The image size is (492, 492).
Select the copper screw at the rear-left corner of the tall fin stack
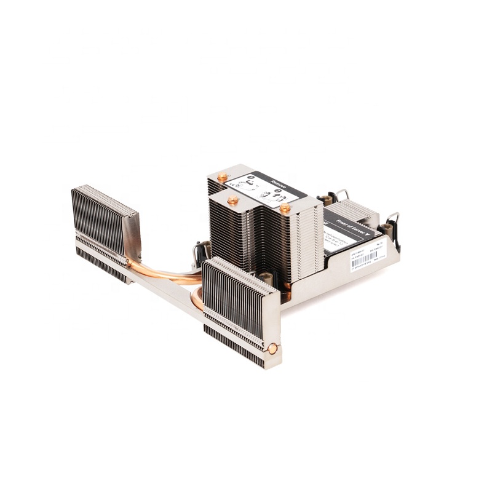coord(222,177)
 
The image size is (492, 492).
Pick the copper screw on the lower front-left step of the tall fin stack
coord(232,200)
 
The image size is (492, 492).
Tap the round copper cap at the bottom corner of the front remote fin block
coord(272,349)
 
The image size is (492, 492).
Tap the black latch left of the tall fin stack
coord(201,249)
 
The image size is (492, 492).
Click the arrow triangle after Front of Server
coord(371,234)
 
